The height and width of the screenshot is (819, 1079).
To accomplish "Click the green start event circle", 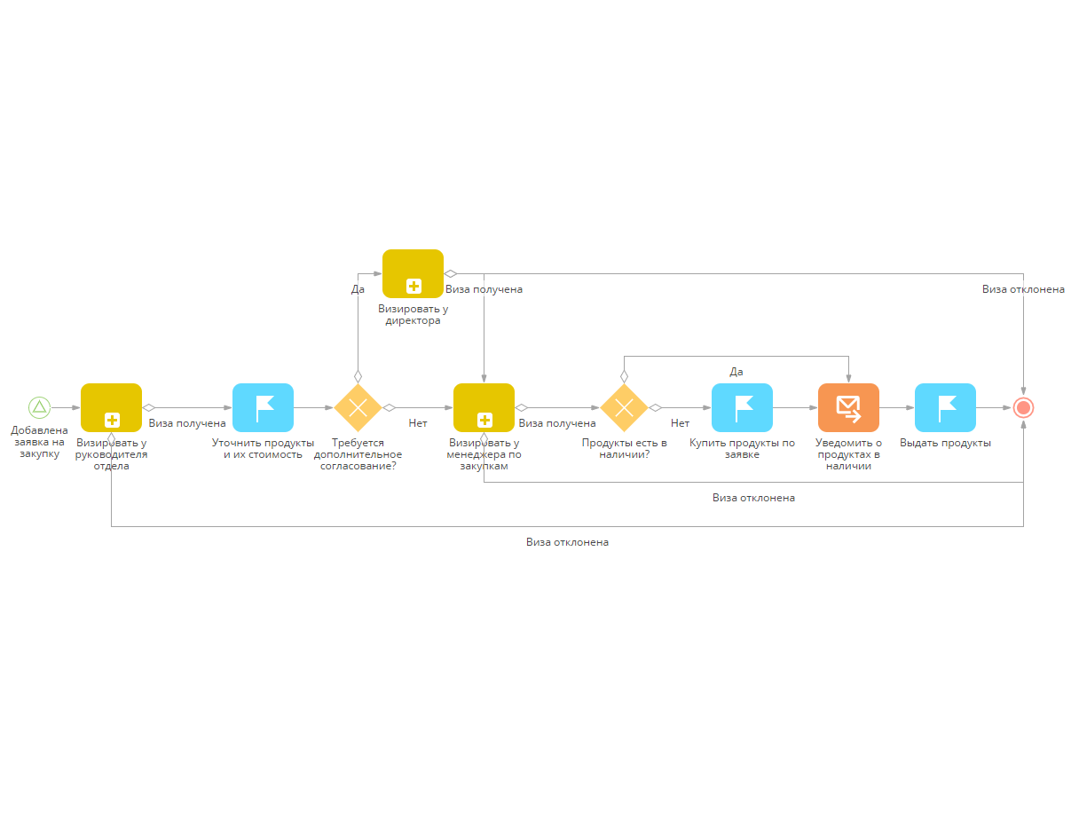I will click(39, 407).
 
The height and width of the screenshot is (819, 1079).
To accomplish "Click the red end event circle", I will click(1023, 407).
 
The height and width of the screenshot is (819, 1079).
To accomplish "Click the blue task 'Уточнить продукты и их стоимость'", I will click(263, 407).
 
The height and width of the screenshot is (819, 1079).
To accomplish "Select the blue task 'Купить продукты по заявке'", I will click(742, 407).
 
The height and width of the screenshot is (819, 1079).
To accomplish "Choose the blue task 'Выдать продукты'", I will click(945, 407).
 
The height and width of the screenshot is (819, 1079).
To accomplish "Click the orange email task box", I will click(848, 407).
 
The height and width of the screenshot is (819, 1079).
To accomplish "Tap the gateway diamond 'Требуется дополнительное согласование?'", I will click(358, 407).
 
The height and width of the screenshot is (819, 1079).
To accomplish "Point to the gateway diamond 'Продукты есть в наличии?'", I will click(624, 407).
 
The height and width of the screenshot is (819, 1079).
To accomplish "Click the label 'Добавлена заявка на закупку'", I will click(39, 442).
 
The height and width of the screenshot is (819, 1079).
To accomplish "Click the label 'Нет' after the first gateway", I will click(418, 423).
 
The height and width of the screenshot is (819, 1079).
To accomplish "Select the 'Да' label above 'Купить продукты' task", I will click(736, 372).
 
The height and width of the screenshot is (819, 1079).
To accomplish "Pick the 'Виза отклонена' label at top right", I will click(1023, 289).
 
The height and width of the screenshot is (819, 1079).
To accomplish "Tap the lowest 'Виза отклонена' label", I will click(567, 542).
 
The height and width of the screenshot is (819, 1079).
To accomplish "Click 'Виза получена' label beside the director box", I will click(484, 289).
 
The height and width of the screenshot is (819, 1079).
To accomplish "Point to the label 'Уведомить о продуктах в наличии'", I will click(848, 454).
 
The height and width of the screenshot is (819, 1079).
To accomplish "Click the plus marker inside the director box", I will click(413, 286).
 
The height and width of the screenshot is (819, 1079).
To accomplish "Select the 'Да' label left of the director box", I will click(358, 289).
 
